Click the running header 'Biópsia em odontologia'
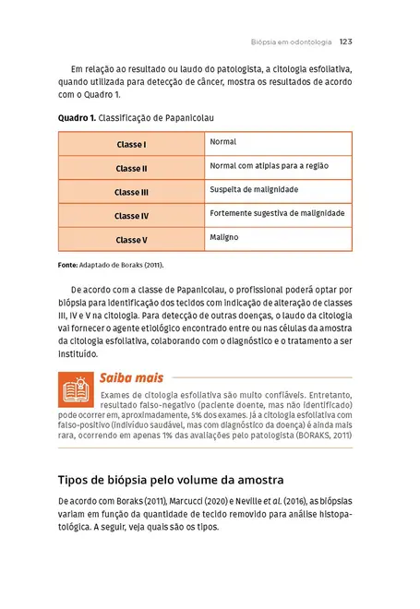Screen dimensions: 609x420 click(x=291, y=42)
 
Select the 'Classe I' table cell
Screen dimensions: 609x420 click(x=131, y=145)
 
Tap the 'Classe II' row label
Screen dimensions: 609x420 click(x=131, y=169)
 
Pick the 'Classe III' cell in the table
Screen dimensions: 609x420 click(x=131, y=193)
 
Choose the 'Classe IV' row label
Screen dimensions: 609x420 click(x=131, y=216)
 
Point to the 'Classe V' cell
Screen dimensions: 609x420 click(x=131, y=240)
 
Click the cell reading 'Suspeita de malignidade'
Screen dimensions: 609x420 click(x=254, y=189)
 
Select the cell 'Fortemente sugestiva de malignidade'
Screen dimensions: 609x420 click(x=277, y=213)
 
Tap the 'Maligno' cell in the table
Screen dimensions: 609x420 click(x=224, y=237)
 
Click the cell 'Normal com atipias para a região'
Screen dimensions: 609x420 click(x=269, y=166)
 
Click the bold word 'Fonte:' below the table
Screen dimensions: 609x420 click(x=67, y=266)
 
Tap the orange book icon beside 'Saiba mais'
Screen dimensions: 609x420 click(x=75, y=391)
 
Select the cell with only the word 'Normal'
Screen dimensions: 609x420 click(x=223, y=142)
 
